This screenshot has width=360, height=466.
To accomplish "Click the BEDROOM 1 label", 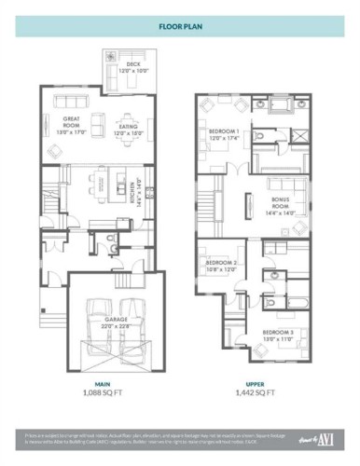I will (225, 134).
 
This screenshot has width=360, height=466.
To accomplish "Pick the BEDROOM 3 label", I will (278, 336).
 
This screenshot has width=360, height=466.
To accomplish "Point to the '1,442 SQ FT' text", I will (256, 393).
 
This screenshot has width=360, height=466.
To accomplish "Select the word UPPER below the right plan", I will (256, 383).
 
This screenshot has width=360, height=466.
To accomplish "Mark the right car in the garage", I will (131, 322).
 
